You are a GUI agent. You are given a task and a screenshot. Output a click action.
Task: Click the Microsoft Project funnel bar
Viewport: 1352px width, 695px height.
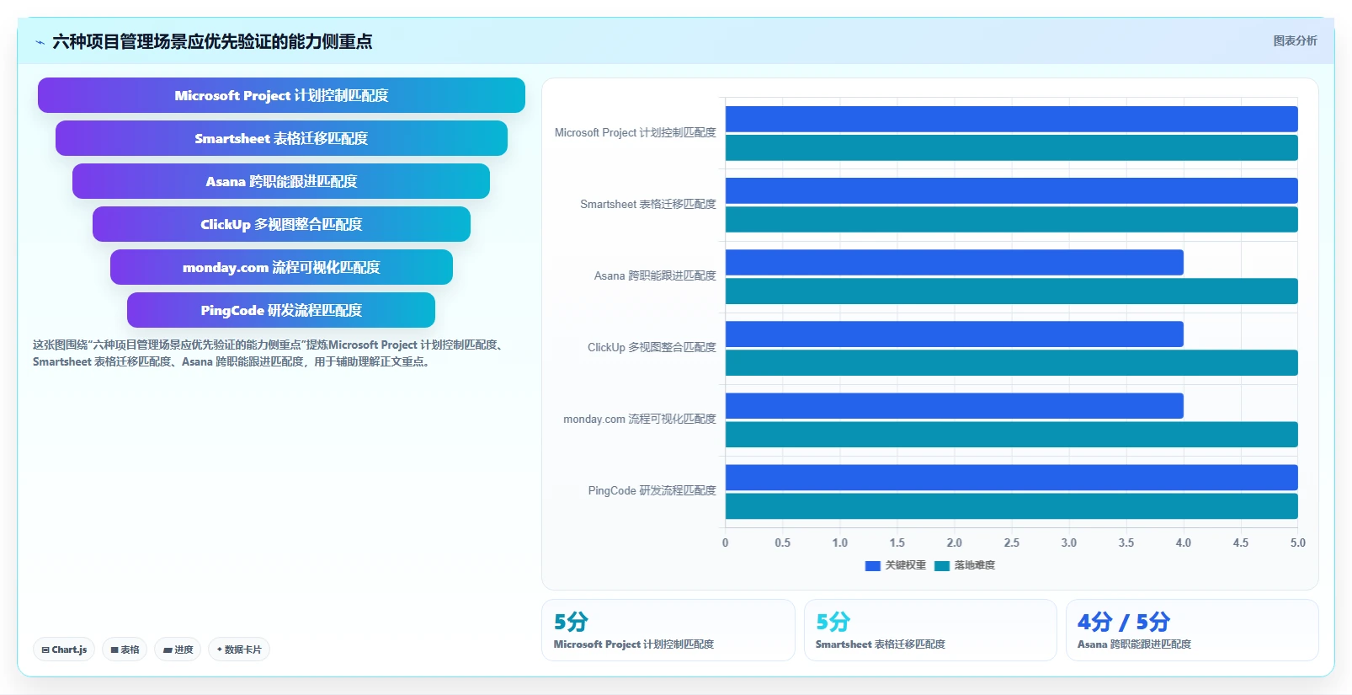[281, 95]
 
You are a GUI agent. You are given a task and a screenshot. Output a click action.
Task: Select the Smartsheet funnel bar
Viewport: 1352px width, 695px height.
[281, 138]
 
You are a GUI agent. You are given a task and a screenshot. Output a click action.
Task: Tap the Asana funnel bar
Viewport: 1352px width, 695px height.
[281, 181]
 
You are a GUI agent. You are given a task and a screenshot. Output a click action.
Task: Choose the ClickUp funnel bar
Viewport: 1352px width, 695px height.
[281, 224]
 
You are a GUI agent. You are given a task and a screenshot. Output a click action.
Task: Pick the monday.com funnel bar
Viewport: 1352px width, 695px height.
[281, 267]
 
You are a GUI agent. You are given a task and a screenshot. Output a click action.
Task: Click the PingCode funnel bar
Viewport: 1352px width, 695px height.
[281, 310]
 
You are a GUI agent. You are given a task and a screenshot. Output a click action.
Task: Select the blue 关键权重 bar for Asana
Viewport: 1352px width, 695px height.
[955, 263]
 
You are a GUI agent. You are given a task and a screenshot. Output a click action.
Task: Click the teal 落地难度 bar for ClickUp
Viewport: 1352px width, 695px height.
[1012, 363]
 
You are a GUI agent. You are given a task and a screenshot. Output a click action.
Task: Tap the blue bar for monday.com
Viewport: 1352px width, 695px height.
[955, 406]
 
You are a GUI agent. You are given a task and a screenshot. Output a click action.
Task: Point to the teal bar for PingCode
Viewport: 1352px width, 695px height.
[1012, 506]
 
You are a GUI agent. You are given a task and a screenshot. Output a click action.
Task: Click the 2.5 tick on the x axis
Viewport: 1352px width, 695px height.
[1012, 543]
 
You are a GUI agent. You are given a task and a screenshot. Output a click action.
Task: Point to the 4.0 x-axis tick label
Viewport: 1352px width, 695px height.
[1183, 543]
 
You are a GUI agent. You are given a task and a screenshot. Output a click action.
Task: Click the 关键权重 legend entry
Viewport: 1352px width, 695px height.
[896, 566]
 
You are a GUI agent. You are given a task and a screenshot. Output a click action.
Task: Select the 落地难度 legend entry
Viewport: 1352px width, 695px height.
[965, 566]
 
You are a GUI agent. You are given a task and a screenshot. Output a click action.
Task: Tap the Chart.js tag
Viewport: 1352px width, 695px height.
[64, 650]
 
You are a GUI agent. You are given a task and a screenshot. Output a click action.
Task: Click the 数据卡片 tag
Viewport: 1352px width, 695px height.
[239, 650]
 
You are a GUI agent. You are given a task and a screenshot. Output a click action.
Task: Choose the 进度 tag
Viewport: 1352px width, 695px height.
[178, 650]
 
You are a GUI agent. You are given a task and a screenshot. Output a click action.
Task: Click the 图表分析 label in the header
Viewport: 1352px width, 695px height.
[1296, 41]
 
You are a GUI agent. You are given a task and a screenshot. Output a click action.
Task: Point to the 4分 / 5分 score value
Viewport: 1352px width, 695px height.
[1124, 622]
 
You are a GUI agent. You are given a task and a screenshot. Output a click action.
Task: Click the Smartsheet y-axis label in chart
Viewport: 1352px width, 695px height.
[647, 204]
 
